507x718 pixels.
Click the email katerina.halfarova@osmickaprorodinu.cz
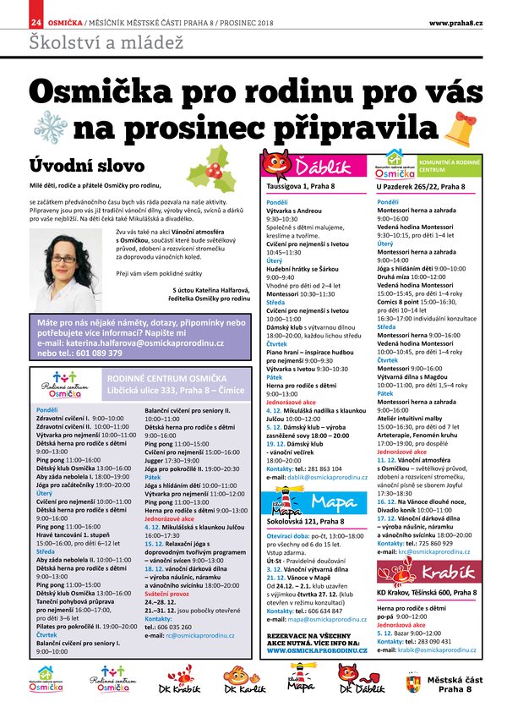click(x=136, y=343)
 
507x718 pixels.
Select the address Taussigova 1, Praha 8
click(x=300, y=186)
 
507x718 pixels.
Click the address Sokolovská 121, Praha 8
click(x=301, y=523)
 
